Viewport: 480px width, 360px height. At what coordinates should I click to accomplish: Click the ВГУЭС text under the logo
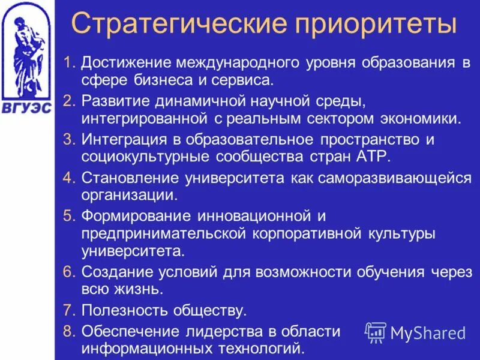click(x=26, y=109)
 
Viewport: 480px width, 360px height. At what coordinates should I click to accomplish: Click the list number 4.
click(x=69, y=178)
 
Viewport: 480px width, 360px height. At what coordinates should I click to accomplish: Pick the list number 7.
click(x=69, y=310)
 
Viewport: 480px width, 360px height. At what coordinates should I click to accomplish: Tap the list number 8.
click(x=69, y=331)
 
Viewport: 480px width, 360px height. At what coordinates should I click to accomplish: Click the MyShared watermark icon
click(x=376, y=332)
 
